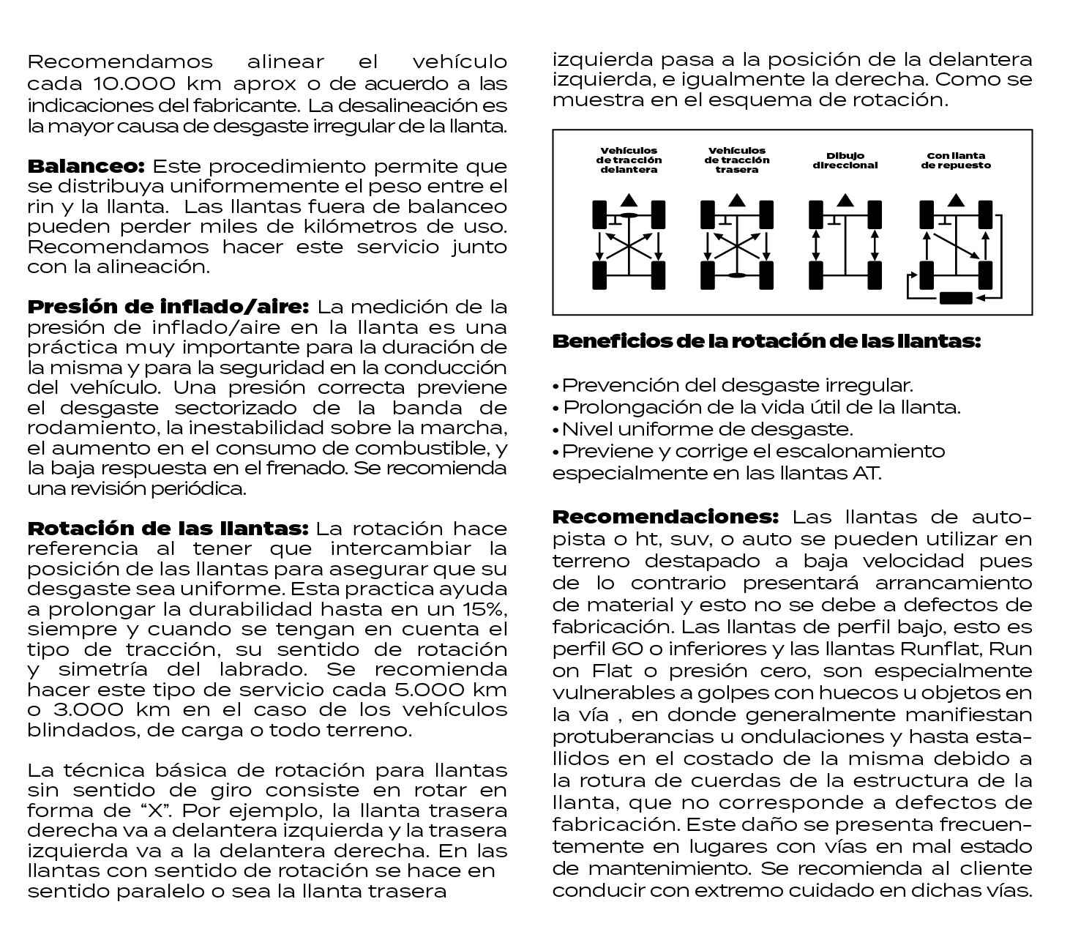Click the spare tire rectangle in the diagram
click(955, 297)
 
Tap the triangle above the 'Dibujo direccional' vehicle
click(845, 199)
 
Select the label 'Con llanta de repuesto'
click(955, 160)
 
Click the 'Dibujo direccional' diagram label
click(845, 160)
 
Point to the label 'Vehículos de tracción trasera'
click(737, 160)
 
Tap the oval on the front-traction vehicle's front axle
click(629, 213)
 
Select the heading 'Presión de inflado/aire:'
click(169, 305)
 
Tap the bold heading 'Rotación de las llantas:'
click(169, 528)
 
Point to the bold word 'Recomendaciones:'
click(665, 517)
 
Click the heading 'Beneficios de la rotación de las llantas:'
click(766, 341)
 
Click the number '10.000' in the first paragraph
click(132, 83)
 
